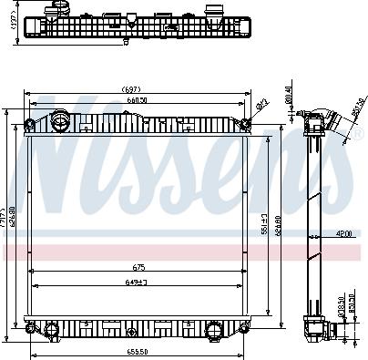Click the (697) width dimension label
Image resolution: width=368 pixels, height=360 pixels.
tap(138, 89)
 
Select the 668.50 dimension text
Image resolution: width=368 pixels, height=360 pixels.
tap(138, 101)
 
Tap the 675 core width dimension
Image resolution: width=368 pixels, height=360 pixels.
tap(139, 267)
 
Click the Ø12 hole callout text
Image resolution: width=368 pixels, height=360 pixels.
tap(261, 105)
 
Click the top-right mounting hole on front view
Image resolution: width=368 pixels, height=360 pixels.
tap(246, 124)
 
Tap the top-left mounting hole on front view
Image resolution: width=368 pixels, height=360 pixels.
tap(29, 124)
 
